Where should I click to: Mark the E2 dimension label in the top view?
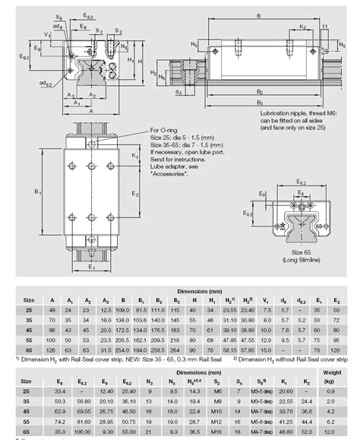point(135,194)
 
